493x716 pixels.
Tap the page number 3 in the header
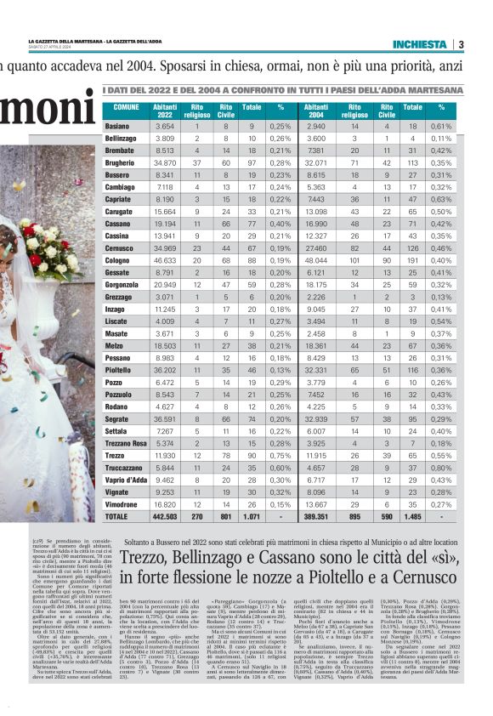click(460, 44)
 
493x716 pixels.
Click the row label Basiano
click(116, 126)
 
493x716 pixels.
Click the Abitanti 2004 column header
click(316, 111)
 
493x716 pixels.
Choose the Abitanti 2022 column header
click(165, 111)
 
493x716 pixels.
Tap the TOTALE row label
click(116, 516)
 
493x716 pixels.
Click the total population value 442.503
click(164, 516)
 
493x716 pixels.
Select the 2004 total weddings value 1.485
click(412, 516)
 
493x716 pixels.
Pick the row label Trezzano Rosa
click(126, 443)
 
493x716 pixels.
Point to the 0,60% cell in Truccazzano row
click(276, 468)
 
